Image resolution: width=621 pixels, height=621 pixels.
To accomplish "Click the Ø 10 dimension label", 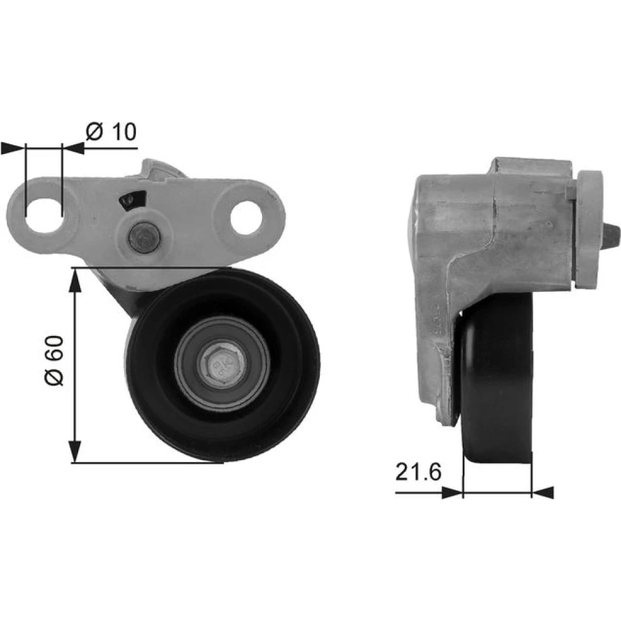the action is pyautogui.click(x=111, y=131).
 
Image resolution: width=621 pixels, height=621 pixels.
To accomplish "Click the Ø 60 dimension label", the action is pyautogui.click(x=54, y=360).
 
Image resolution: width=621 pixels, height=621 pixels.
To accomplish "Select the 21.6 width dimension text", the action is pyautogui.click(x=418, y=472).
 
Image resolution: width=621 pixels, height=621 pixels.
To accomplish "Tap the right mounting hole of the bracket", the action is pyautogui.click(x=248, y=217).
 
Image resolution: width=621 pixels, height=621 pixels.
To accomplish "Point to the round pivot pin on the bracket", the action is pyautogui.click(x=144, y=237).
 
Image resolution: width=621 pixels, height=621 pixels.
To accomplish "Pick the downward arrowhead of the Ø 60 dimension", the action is pyautogui.click(x=75, y=451).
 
